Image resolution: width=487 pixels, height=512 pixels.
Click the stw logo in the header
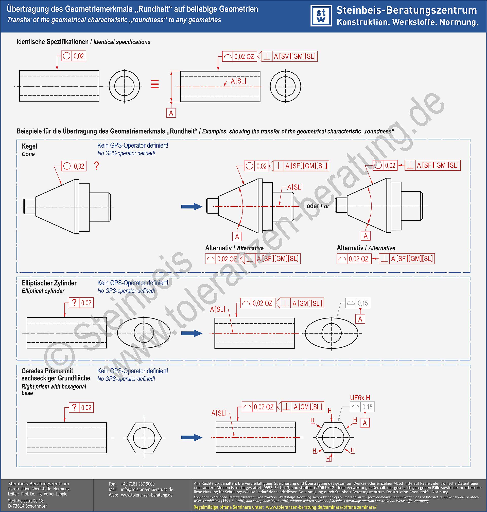tap(321, 16)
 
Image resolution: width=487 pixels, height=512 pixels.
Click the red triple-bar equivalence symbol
tap(155, 84)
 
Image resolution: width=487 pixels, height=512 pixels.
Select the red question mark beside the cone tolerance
tap(97, 166)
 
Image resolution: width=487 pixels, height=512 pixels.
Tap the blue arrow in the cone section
tap(192, 207)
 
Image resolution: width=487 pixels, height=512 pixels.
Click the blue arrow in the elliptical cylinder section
tap(192, 333)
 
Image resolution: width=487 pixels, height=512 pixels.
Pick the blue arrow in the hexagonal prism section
tap(192, 438)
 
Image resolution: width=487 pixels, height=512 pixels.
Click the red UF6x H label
tap(360, 398)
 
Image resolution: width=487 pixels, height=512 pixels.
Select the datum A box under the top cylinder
tap(171, 113)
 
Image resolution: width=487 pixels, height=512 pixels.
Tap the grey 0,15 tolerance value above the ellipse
tap(363, 303)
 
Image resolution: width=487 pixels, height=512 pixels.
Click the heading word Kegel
tap(29, 146)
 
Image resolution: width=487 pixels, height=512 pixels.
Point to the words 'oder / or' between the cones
tap(318, 206)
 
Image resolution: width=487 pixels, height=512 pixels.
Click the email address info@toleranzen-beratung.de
tap(147, 490)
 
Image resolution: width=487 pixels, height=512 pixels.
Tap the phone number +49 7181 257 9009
tap(137, 484)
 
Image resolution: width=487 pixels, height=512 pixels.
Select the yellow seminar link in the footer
tap(321, 507)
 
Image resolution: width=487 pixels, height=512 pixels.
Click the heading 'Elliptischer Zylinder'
tap(49, 283)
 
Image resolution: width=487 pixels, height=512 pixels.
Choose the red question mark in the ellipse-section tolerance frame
tap(74, 302)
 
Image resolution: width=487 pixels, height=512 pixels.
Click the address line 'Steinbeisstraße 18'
tap(26, 501)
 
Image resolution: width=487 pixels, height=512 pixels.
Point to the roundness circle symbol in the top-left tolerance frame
tap(67, 56)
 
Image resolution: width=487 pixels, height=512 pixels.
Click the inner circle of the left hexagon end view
tap(144, 438)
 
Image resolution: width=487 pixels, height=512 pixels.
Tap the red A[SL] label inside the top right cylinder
tap(238, 81)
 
